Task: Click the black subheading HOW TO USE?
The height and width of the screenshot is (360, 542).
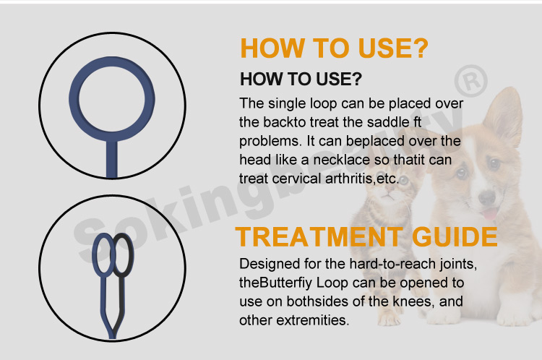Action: pyautogui.click(x=301, y=78)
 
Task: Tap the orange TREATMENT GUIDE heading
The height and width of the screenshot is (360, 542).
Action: pyautogui.click(x=366, y=236)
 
